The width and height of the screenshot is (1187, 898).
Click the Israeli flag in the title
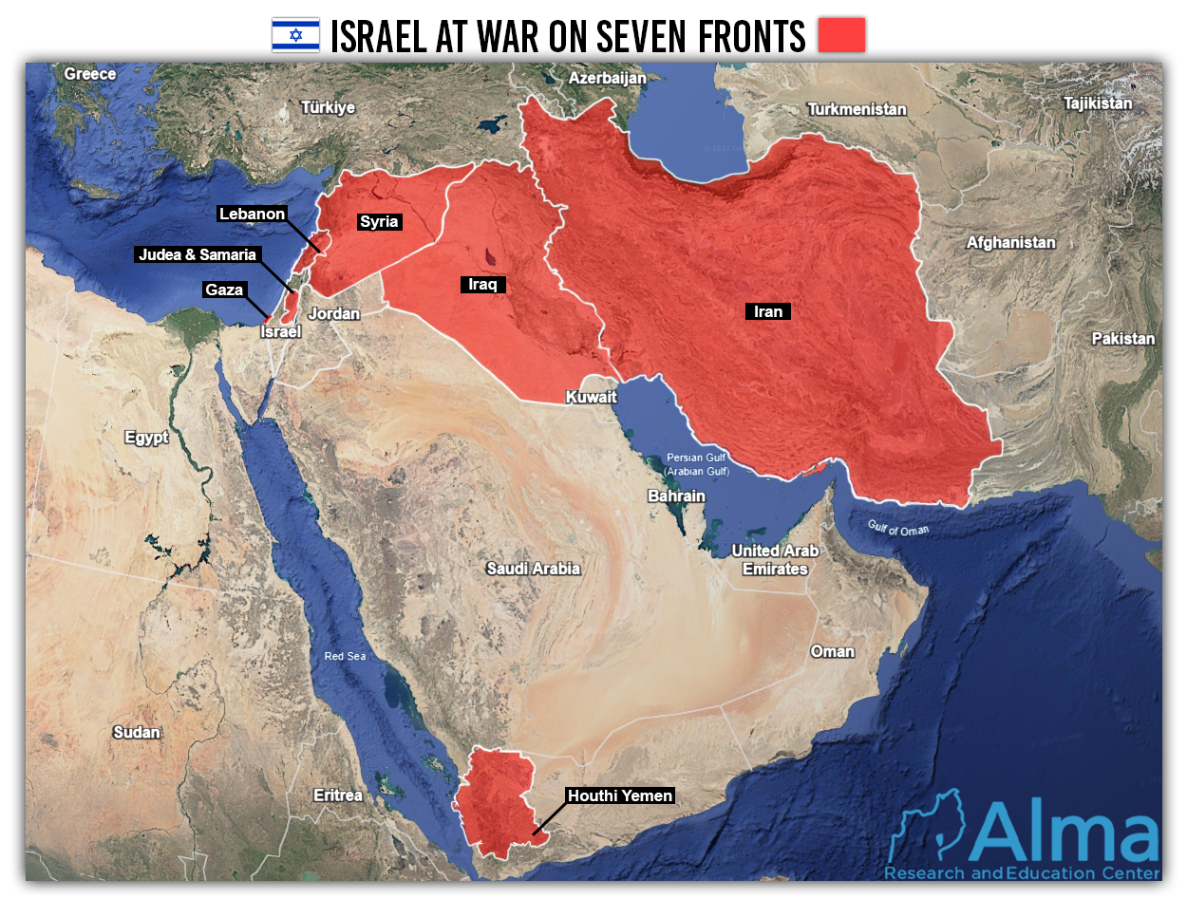pyautogui.click(x=295, y=35)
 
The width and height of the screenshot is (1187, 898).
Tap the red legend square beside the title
pyautogui.click(x=841, y=35)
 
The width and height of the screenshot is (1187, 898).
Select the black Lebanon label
pyautogui.click(x=252, y=214)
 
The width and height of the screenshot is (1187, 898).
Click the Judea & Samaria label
pyautogui.click(x=198, y=254)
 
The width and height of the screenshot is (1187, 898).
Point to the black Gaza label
pyautogui.click(x=224, y=290)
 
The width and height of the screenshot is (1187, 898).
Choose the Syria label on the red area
pyautogui.click(x=378, y=222)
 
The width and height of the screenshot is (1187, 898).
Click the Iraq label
pyautogui.click(x=483, y=284)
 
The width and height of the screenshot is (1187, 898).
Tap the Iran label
pyautogui.click(x=768, y=311)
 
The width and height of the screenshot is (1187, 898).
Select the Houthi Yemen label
pyautogui.click(x=619, y=795)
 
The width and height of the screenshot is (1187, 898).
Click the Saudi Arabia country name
pyautogui.click(x=533, y=569)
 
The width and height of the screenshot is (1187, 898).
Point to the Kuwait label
pyautogui.click(x=591, y=397)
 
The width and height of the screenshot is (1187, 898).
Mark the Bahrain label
pyautogui.click(x=676, y=496)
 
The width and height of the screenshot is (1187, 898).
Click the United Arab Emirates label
pyautogui.click(x=775, y=560)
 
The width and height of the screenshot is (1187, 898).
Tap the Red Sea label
pyautogui.click(x=345, y=656)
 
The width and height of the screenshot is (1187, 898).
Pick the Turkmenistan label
pyautogui.click(x=857, y=109)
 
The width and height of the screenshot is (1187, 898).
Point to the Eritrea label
pyautogui.click(x=338, y=795)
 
